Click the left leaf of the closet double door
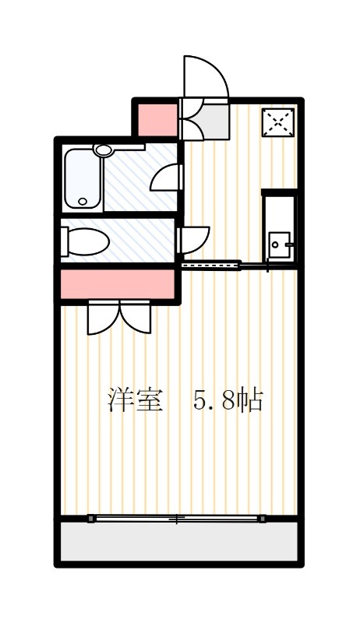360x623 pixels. coord(102,318)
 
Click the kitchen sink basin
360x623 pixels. coord(278,245)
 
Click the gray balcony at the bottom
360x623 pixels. coord(179,541)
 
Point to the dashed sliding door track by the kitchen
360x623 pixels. coord(210,266)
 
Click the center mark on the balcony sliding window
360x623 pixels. coord(178,519)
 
